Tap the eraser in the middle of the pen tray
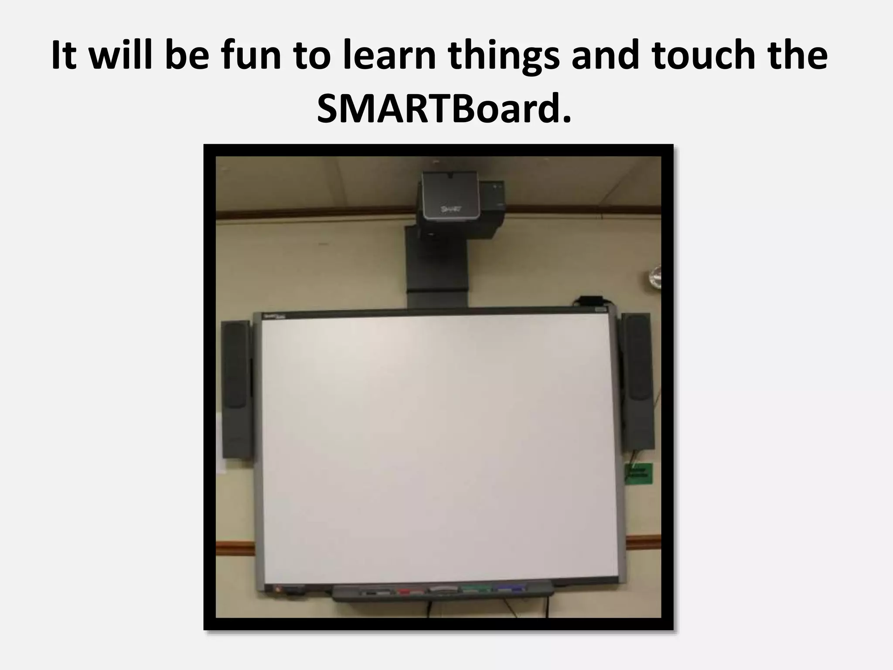coord(443,590)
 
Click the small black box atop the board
coord(589,301)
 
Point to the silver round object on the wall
coord(654,277)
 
